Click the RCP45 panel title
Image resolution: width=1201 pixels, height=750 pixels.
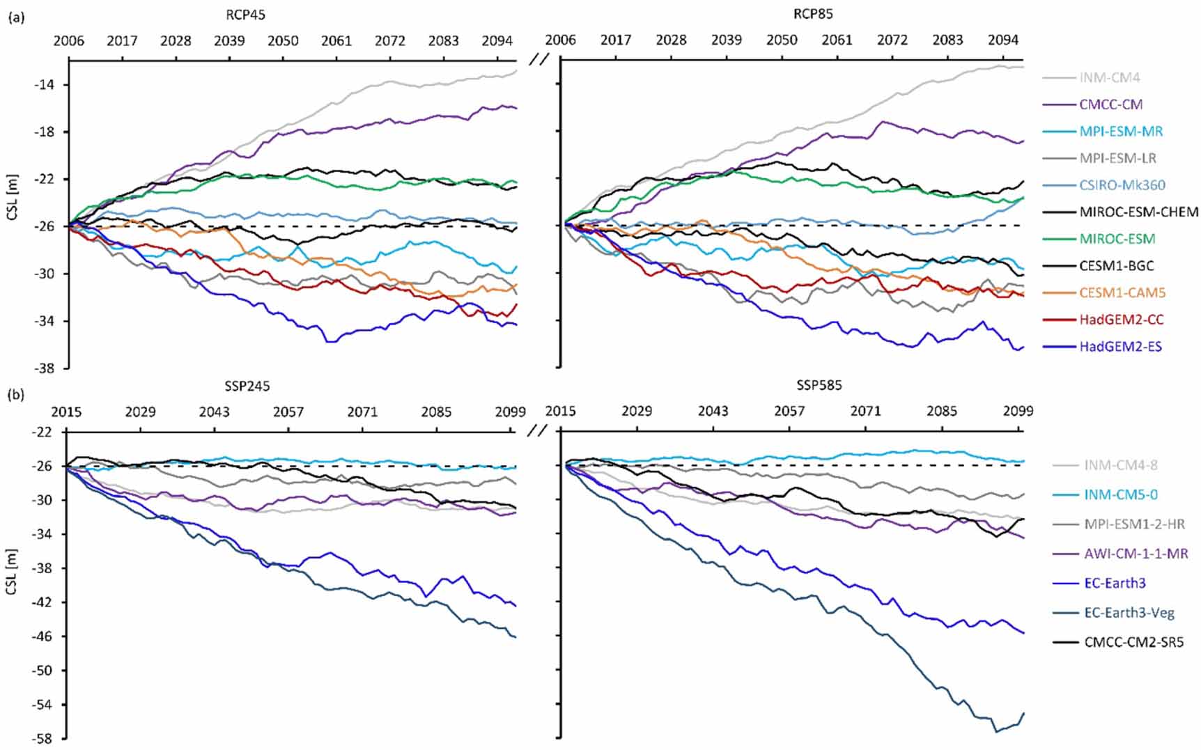click(245, 15)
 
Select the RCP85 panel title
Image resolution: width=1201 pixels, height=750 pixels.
click(813, 14)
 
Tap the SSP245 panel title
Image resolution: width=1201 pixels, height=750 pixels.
click(247, 386)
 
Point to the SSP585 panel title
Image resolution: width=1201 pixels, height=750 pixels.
click(819, 385)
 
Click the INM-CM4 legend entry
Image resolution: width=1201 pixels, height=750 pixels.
click(1110, 78)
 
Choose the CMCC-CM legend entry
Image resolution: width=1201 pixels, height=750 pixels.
click(1110, 104)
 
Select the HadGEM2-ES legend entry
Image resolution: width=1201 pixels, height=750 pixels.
click(1120, 347)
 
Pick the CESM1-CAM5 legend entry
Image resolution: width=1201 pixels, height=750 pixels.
click(1122, 293)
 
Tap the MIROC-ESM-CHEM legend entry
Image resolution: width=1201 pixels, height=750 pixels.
click(1138, 212)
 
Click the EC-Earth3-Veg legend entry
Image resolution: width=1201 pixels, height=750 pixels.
click(1129, 613)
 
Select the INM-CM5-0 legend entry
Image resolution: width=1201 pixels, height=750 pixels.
click(1120, 495)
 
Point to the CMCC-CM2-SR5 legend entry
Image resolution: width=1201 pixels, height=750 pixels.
click(1133, 642)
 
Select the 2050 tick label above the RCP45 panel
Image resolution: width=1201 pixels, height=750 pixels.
click(283, 40)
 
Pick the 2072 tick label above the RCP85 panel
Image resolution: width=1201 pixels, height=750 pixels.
click(892, 40)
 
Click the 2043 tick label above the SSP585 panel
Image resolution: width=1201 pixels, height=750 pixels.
click(713, 412)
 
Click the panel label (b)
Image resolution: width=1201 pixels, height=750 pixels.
click(16, 395)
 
